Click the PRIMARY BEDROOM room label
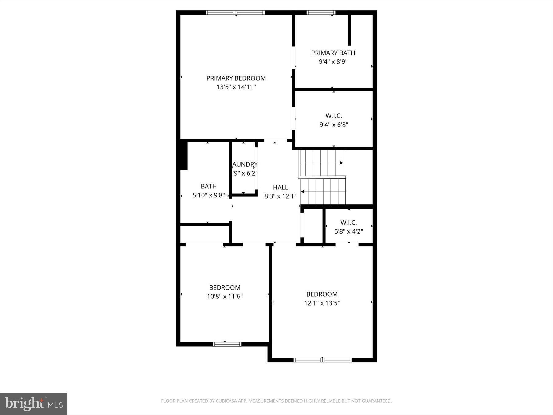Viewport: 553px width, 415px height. click(236, 78)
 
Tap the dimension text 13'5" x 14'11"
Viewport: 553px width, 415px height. click(236, 87)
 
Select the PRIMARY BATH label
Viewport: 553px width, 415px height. click(333, 53)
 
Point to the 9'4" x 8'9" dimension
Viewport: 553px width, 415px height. click(333, 62)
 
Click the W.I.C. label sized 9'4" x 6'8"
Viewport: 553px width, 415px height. click(334, 116)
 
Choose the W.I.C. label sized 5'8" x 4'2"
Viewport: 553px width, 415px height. click(348, 223)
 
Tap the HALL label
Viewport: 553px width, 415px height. click(280, 187)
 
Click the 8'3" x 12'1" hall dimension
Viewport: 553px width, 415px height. click(280, 196)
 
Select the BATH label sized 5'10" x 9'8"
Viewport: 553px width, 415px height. click(209, 186)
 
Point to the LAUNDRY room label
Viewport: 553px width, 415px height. click(245, 164)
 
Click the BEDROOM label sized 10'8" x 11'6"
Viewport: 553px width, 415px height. click(225, 287)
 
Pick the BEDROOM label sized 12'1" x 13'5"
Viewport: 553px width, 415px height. click(322, 294)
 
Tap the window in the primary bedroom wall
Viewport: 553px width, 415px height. click(235, 13)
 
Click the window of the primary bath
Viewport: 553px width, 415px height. click(321, 13)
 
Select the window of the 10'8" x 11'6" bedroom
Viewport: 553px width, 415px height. click(227, 344)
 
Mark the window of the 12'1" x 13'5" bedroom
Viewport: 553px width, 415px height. click(322, 360)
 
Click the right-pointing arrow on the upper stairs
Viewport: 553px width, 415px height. click(341, 163)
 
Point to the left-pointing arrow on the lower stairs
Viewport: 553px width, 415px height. click(303, 192)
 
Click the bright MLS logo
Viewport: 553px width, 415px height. click(33, 404)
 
